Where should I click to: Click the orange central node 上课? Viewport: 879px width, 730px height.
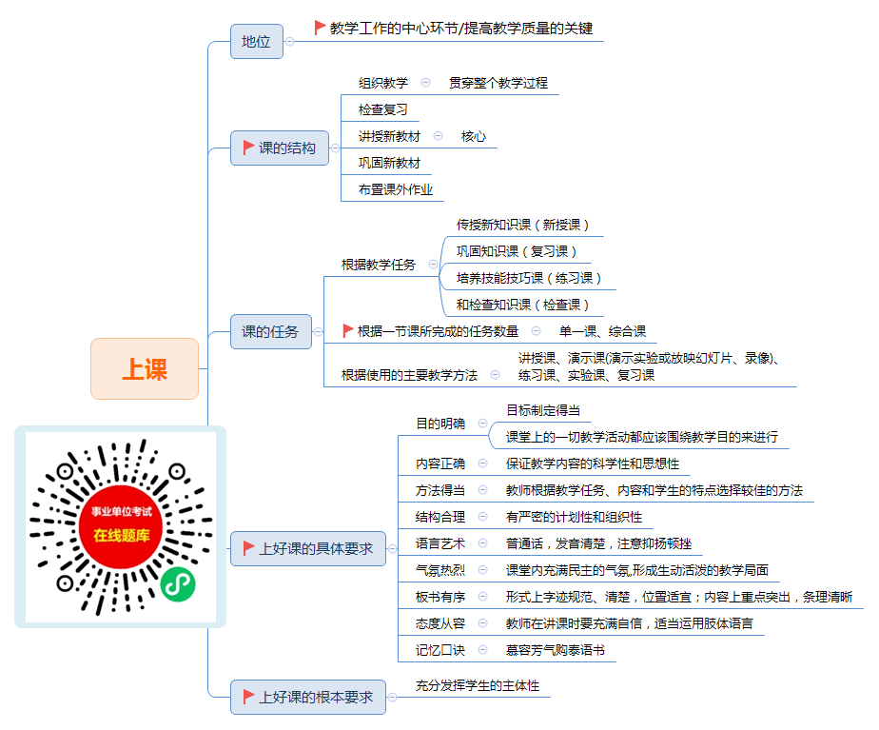pos(145,369)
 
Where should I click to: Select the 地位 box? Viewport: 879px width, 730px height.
pos(257,42)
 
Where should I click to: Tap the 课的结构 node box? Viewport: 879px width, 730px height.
pos(280,148)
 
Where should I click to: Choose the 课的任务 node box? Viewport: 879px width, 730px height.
pos(271,331)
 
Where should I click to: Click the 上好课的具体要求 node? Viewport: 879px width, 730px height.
pos(308,548)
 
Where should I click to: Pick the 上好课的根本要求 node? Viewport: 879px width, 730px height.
pos(308,697)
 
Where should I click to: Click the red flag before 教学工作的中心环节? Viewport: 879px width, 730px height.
pos(320,28)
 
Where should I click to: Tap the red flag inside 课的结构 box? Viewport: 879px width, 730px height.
pos(248,148)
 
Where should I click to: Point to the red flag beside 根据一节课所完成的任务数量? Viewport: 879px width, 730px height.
pos(347,331)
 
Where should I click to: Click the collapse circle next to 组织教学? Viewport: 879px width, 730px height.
pos(425,83)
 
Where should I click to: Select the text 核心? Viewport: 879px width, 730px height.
pos(473,136)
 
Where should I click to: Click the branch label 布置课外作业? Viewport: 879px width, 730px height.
pos(395,189)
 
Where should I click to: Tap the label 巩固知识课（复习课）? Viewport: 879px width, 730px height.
pos(517,251)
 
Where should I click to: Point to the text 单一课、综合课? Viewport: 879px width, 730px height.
pos(602,331)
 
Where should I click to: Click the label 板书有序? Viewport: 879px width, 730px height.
pos(440,597)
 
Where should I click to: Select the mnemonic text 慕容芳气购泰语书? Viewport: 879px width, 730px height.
pos(555,650)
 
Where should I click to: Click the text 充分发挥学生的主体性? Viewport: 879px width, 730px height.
pos(477,685)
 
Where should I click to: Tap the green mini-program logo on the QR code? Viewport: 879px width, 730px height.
pos(178,584)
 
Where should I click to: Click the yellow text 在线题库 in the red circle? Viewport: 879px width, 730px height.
pos(122,536)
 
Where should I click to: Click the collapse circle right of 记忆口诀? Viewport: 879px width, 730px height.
pos(482,650)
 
